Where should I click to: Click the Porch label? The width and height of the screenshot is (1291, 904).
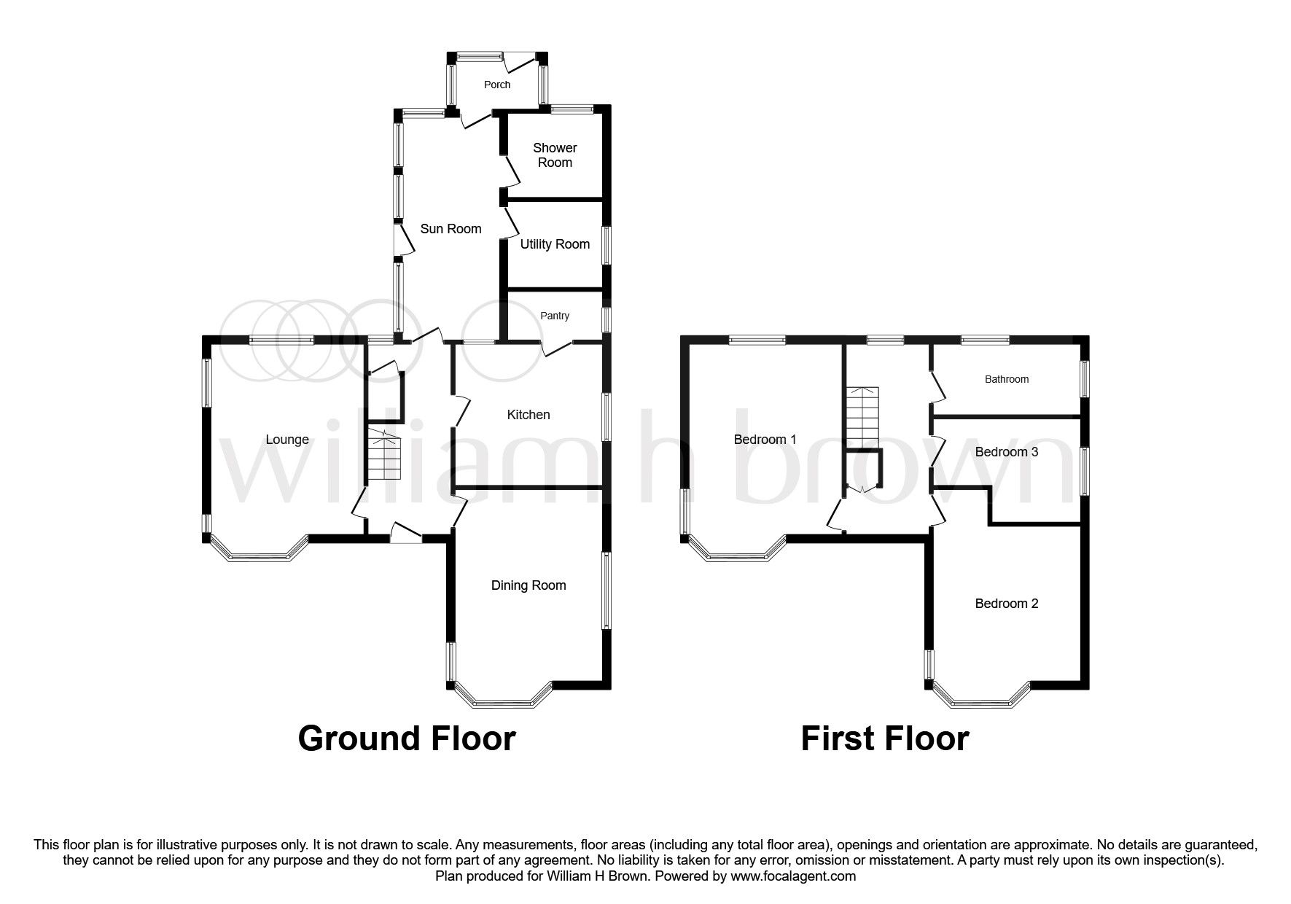(497, 85)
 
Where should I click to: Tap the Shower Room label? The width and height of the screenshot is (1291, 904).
(555, 155)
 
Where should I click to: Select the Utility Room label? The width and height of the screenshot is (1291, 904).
(555, 244)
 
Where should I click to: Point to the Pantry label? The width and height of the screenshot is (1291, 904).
(555, 316)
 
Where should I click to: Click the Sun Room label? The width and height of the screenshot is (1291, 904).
(451, 229)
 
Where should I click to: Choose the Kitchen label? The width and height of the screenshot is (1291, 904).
(529, 415)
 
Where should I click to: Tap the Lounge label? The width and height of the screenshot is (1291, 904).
(287, 440)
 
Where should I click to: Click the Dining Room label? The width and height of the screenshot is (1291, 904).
(529, 585)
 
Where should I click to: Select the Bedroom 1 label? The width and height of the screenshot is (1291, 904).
(765, 440)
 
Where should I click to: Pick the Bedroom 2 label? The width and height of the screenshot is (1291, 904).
(1007, 604)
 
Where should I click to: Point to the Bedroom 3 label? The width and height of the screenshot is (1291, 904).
(1007, 452)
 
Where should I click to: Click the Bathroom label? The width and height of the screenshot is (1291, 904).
(1007, 379)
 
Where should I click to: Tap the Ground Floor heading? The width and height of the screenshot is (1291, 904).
(407, 738)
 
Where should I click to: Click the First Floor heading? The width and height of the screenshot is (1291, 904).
(884, 738)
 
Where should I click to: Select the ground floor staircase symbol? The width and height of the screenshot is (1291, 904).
(383, 455)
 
